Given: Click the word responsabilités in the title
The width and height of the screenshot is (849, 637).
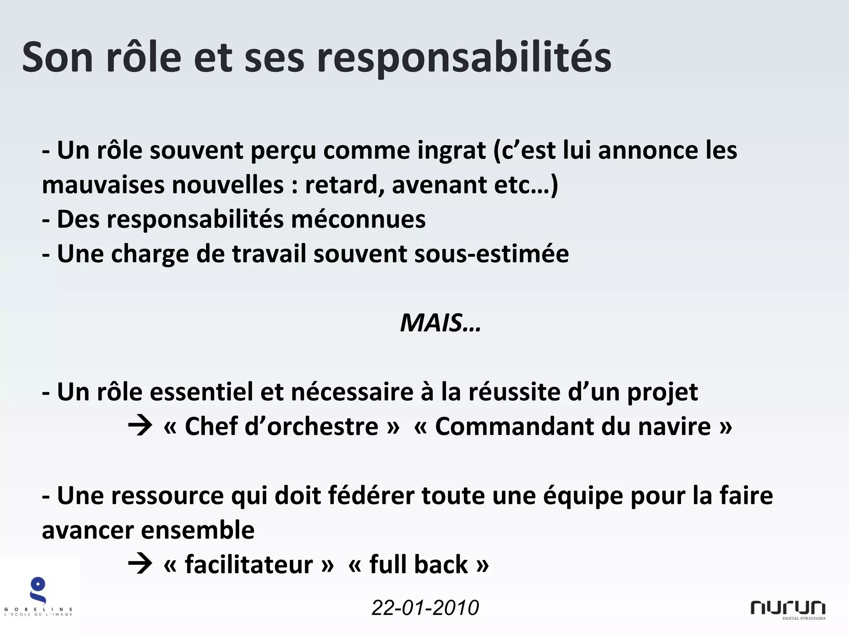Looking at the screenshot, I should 464,58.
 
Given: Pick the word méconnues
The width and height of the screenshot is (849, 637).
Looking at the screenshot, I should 358,219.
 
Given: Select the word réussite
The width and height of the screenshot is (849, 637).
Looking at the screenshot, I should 514,392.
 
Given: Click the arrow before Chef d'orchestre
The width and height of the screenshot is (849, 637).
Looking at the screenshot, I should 140,426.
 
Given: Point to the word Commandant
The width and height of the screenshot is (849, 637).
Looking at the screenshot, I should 514,426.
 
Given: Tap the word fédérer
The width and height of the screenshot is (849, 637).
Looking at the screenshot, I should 371,496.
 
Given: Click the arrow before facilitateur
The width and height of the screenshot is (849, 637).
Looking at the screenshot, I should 140,564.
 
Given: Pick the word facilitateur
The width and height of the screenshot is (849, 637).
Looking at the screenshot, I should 249,564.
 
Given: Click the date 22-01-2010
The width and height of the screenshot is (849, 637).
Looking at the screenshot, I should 425,608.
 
